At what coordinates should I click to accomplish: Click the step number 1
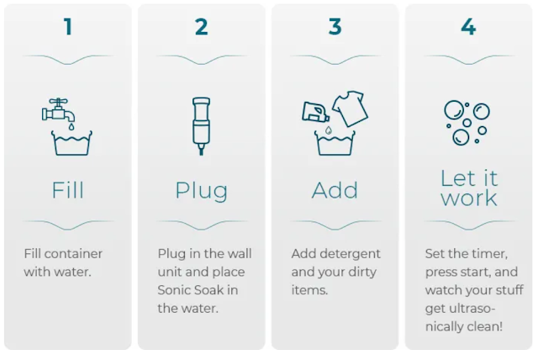coord(68,27)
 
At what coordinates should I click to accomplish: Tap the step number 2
coord(202,27)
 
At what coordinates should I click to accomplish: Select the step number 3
coord(335,27)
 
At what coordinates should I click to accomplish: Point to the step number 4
coord(468,27)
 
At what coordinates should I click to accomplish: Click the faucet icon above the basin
coord(58,110)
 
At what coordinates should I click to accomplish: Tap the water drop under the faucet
coord(71,127)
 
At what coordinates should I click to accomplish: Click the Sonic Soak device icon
coord(202,126)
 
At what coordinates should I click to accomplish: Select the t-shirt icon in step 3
coord(350,109)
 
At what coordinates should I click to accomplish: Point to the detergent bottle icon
coord(315,112)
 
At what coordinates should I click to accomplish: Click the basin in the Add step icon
coord(335,143)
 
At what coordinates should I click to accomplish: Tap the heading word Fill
coord(67,190)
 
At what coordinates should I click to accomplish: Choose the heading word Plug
coord(202,191)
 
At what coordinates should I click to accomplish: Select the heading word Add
coord(335,190)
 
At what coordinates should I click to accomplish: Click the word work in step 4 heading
coord(469,198)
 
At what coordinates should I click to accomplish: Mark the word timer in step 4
coord(490,254)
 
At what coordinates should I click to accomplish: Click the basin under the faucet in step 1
coord(71,143)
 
